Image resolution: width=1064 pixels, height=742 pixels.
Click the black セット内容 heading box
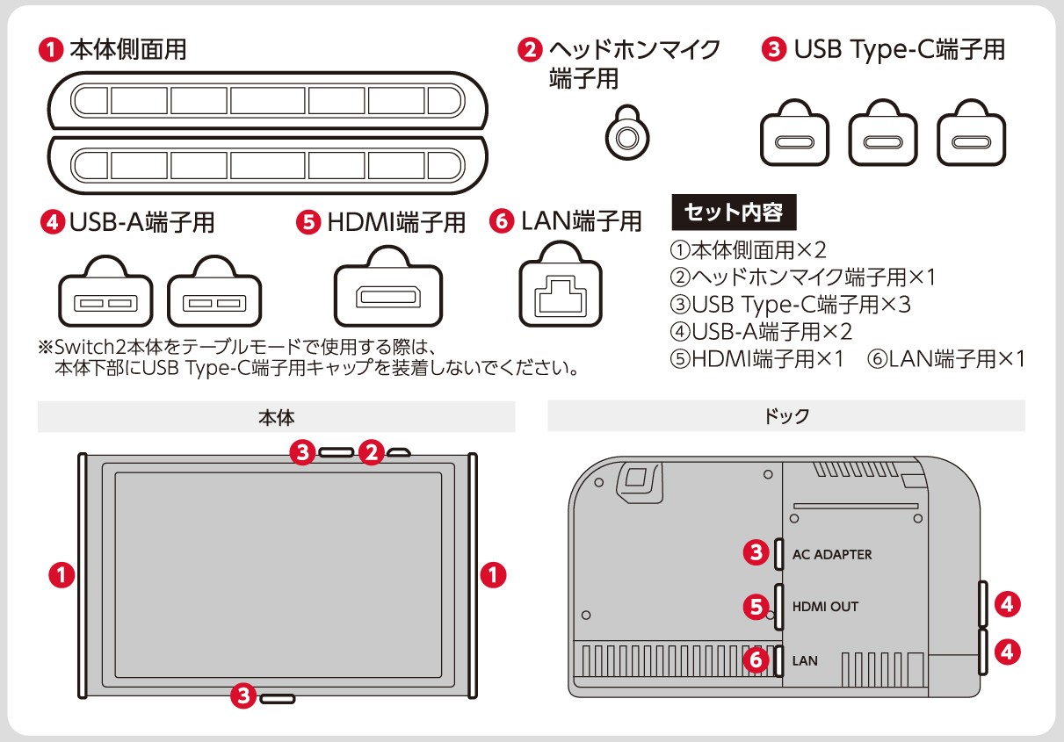[x=734, y=212]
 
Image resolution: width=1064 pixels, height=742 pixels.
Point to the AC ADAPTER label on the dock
[x=832, y=554]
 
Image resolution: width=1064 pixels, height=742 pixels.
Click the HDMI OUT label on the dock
[x=825, y=606]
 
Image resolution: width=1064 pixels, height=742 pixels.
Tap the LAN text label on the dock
[x=805, y=660]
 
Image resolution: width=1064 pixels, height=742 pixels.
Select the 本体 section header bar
[x=277, y=417]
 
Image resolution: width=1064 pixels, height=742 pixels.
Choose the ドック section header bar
[x=786, y=416]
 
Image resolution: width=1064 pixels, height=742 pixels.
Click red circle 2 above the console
[x=371, y=452]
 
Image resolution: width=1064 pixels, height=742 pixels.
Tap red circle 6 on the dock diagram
[x=756, y=659]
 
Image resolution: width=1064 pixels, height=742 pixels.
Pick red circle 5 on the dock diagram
[x=756, y=607]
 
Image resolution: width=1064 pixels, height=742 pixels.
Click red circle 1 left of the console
[x=62, y=575]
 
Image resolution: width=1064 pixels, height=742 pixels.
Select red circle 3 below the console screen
[x=243, y=696]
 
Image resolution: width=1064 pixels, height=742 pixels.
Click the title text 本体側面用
[x=127, y=49]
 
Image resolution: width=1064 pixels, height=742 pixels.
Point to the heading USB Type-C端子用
[x=900, y=49]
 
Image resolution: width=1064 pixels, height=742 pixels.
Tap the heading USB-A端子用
[x=142, y=222]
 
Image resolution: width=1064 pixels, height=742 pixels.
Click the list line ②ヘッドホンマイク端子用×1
[x=803, y=277]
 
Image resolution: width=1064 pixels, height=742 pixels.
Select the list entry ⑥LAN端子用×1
[x=946, y=359]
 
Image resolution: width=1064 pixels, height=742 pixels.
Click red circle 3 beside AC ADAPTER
[x=756, y=552]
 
